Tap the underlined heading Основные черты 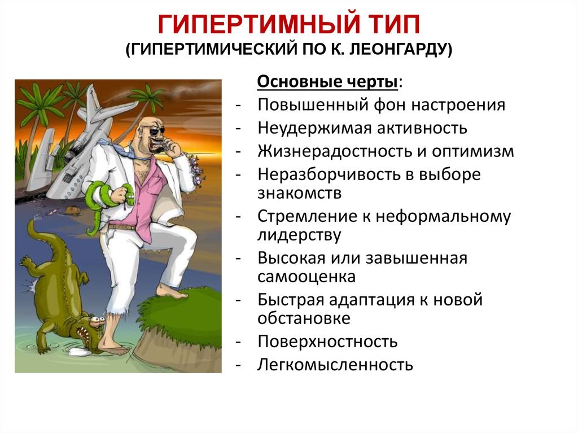click(328, 82)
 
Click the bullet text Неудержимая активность click(362, 128)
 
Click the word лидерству click(299, 235)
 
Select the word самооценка click(306, 277)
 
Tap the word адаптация click(367, 299)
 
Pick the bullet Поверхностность click(327, 341)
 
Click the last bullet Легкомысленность click(335, 364)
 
